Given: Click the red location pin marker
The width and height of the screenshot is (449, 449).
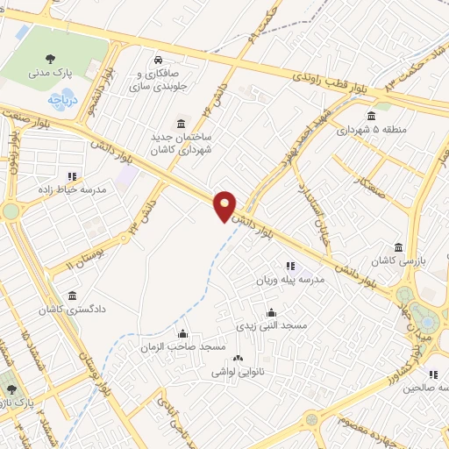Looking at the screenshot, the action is (225, 205).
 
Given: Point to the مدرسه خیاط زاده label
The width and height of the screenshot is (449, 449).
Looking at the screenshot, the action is (71, 189).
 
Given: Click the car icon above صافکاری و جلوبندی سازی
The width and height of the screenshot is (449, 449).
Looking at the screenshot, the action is (156, 61).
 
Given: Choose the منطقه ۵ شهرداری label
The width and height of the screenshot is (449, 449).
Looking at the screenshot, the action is (371, 130).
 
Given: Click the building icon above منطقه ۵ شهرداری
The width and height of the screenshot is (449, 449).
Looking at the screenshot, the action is (371, 116).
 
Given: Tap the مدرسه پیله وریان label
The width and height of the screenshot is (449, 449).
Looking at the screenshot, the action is (289, 280).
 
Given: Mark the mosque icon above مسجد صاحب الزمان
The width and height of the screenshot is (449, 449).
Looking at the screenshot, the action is (182, 333).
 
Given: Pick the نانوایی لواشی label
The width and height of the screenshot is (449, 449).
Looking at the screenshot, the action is (236, 371).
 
